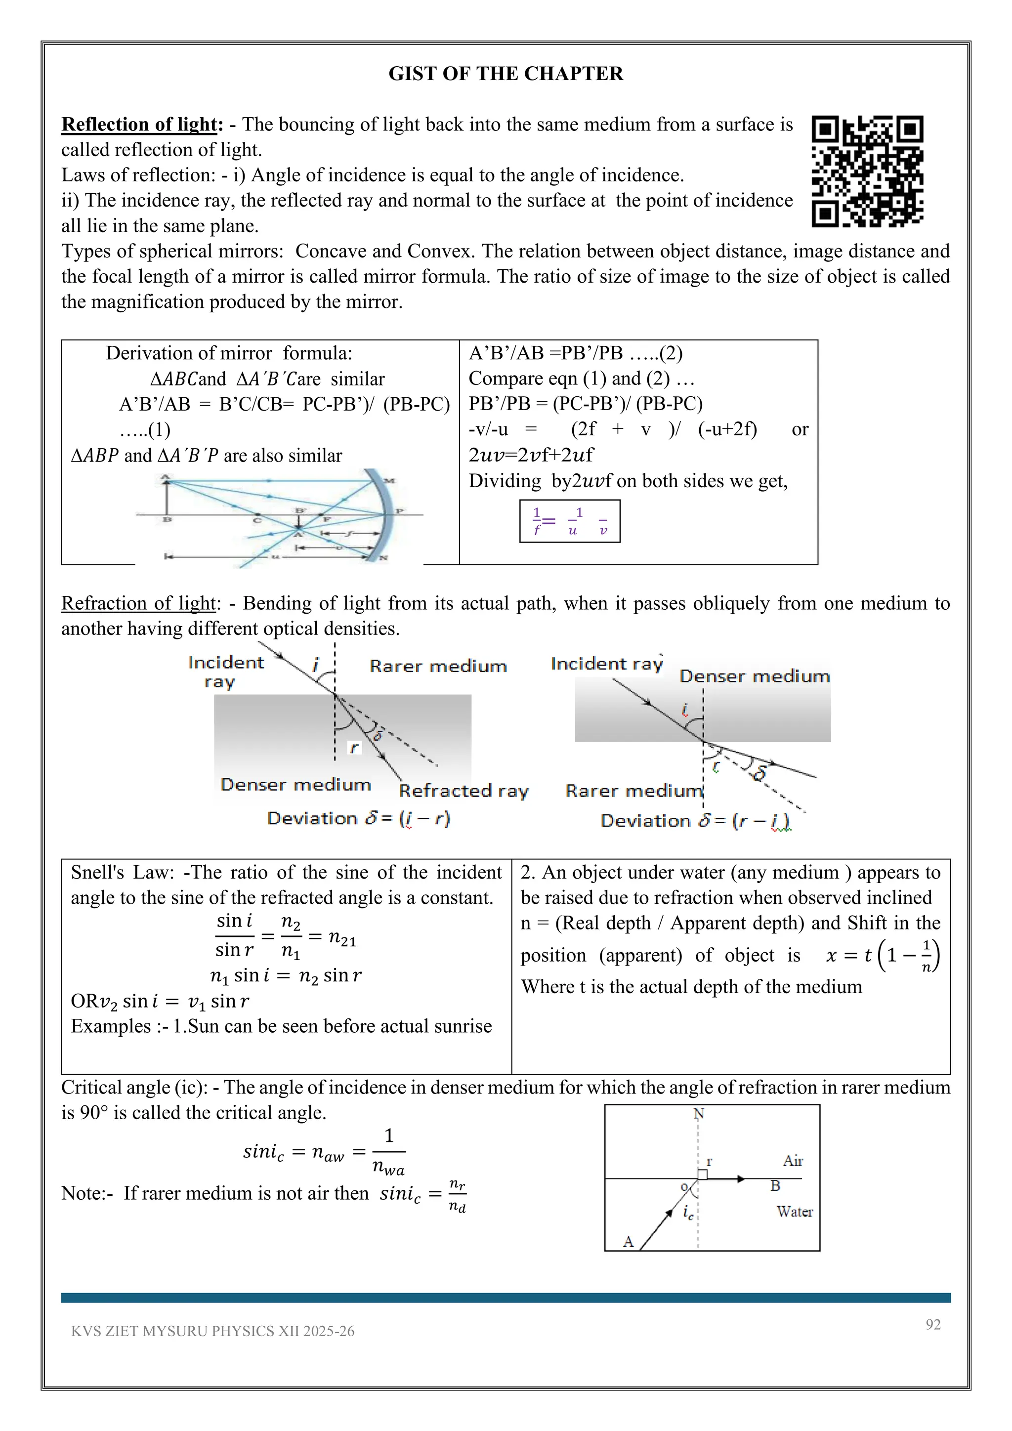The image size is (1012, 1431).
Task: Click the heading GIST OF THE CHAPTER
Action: [506, 74]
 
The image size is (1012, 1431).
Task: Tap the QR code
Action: [867, 171]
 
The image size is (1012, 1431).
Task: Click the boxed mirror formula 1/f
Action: [570, 521]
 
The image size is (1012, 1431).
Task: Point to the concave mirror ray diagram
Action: [279, 517]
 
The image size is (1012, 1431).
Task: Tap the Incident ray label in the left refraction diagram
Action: [226, 671]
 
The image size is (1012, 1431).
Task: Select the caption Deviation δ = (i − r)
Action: [358, 818]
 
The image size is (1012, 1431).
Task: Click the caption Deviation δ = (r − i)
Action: [695, 820]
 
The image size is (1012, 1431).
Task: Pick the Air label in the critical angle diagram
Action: [793, 1161]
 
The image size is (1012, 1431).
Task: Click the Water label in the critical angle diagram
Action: [794, 1212]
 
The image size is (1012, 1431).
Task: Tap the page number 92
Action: [933, 1324]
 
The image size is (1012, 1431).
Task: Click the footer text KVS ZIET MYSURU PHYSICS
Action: [212, 1331]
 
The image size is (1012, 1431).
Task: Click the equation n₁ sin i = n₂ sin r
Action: [286, 975]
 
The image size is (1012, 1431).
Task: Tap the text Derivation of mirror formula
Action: [229, 353]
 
